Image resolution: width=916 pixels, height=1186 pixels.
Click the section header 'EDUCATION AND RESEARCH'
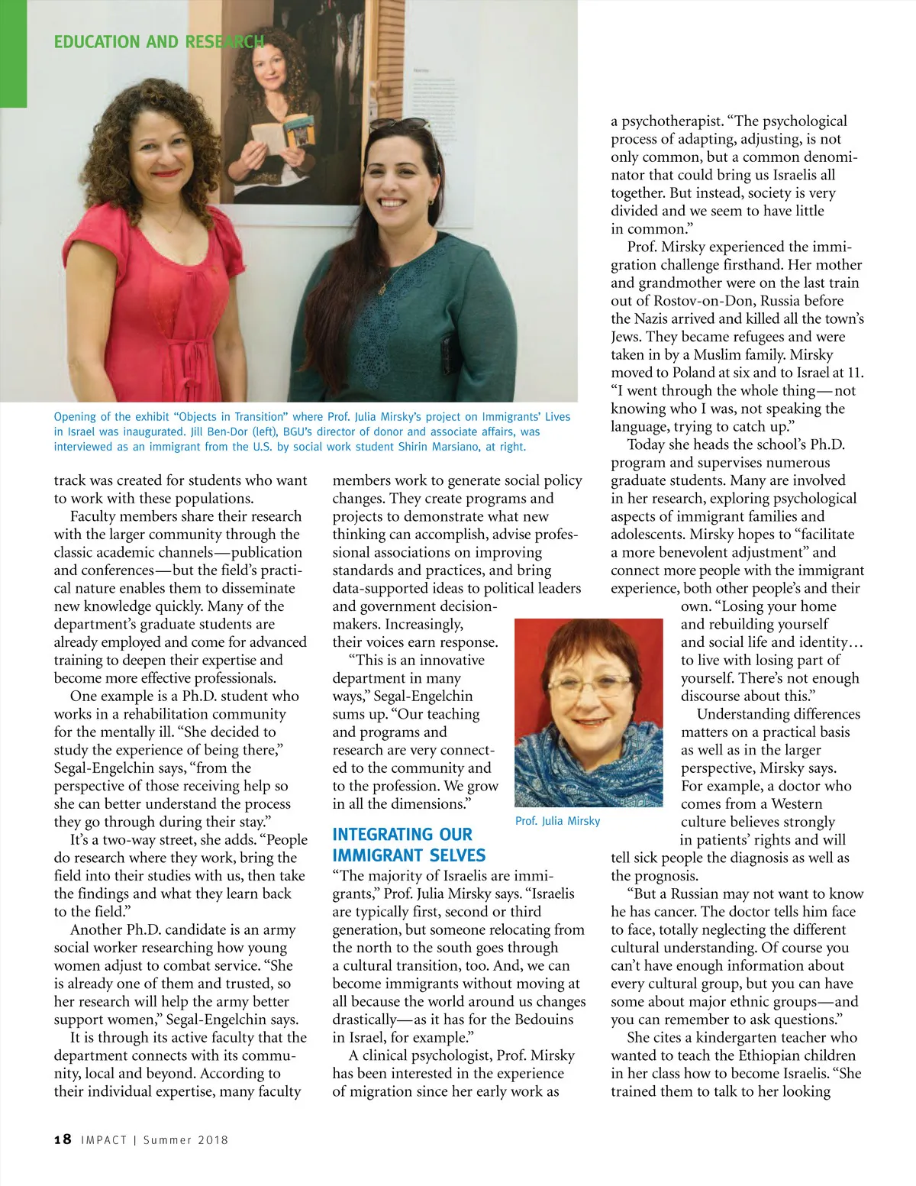coord(159,41)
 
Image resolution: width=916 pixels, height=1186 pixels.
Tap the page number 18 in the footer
coord(63,1139)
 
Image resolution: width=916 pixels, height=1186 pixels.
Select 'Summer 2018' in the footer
coord(185,1140)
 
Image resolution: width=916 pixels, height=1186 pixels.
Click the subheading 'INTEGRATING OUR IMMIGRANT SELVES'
coord(408,845)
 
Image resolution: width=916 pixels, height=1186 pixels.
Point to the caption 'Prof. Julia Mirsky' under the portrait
coord(557,821)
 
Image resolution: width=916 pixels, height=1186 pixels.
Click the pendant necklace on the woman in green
coord(382,289)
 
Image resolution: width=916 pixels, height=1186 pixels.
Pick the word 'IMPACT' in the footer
coord(104,1140)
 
